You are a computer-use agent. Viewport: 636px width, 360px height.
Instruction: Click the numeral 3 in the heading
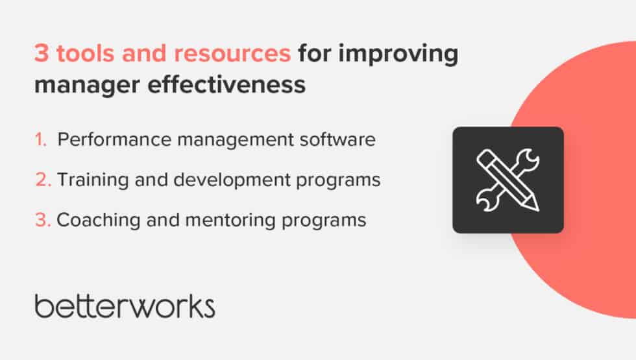42,55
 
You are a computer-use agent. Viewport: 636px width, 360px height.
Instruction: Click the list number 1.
41,140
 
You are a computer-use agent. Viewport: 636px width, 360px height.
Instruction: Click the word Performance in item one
102,140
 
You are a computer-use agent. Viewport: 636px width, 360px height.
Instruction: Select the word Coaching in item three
88,220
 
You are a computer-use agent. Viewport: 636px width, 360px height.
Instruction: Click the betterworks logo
125,306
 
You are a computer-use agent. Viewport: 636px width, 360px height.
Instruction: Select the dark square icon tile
508,180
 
